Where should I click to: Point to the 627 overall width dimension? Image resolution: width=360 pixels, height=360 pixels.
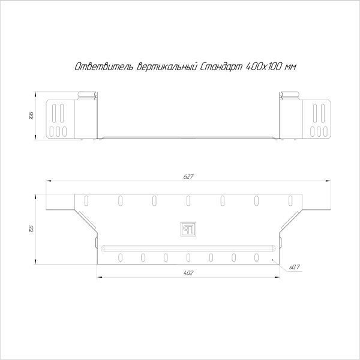point(188,176)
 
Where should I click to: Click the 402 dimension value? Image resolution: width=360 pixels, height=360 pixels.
point(188,273)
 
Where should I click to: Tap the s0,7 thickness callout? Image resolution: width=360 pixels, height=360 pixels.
point(294,266)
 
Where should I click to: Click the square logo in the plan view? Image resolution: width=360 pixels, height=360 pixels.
point(188,228)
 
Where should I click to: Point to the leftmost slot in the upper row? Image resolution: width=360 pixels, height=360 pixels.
point(86,199)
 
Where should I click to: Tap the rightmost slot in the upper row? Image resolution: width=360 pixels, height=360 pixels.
point(290,199)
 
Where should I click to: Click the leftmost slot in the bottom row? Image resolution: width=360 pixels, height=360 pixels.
point(121,257)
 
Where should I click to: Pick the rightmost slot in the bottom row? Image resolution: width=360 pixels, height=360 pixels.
point(256,257)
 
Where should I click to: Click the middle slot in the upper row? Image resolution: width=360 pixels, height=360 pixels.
point(188,199)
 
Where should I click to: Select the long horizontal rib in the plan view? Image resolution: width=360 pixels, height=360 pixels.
point(188,247)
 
